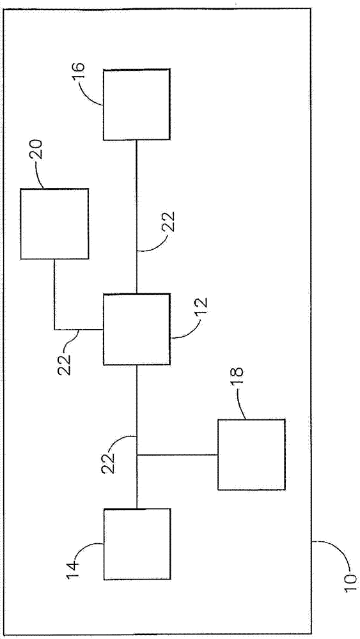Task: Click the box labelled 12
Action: [x=137, y=329]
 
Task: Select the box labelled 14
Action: [x=137, y=544]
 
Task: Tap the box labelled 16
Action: [x=136, y=105]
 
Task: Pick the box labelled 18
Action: [x=251, y=454]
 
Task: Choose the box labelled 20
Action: [x=54, y=224]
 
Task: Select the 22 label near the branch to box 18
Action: [x=109, y=462]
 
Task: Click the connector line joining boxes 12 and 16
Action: [x=136, y=217]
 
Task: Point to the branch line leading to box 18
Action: [x=177, y=455]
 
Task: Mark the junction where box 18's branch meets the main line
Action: [x=137, y=455]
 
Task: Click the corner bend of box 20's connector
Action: [x=54, y=329]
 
